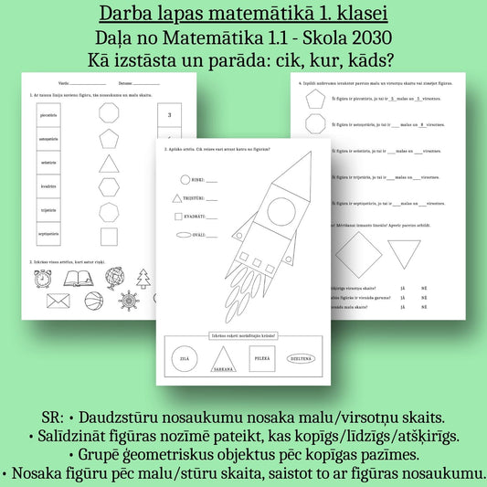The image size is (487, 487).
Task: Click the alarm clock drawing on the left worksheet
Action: (43, 278)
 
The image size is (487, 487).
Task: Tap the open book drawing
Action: (79, 278)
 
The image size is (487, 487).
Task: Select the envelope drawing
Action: (58, 301)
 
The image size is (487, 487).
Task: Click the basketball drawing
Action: (95, 301)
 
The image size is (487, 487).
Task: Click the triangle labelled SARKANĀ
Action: (224, 359)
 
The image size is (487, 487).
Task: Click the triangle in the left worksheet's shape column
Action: (109, 164)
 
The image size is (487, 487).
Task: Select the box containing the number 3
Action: (171, 115)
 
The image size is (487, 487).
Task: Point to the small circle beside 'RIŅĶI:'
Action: (185, 180)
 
